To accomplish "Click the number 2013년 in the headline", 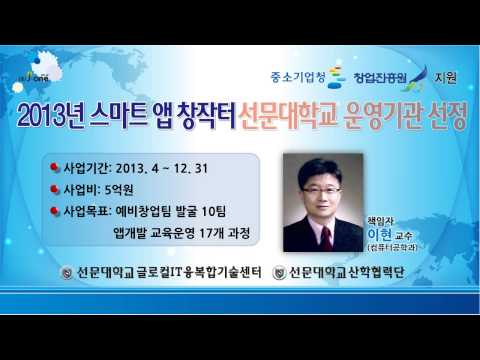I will [51, 119].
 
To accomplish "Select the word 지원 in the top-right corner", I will [451, 76].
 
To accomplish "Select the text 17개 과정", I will [220, 233].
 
